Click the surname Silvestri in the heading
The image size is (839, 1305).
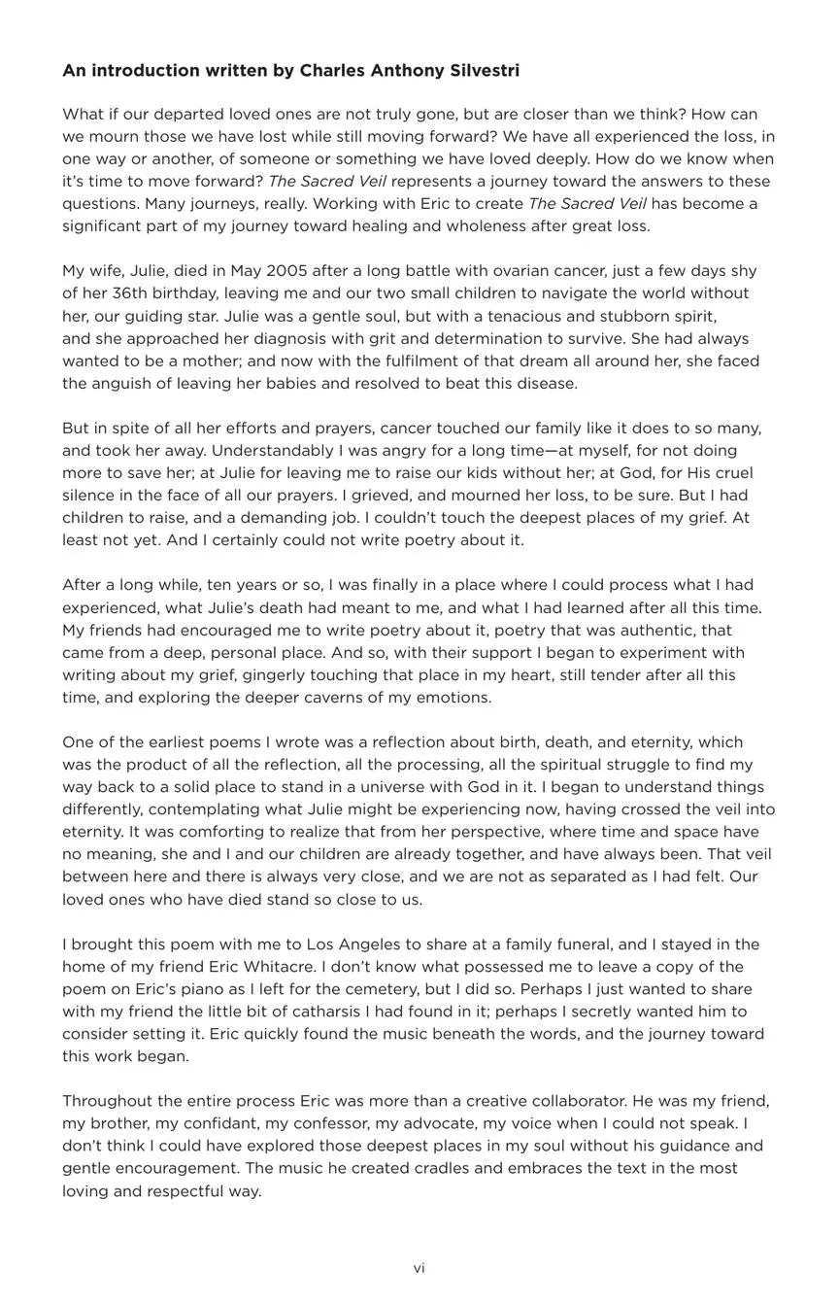coord(484,71)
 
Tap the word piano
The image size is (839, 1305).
coord(160,989)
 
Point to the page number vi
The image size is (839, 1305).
coord(419,1268)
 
